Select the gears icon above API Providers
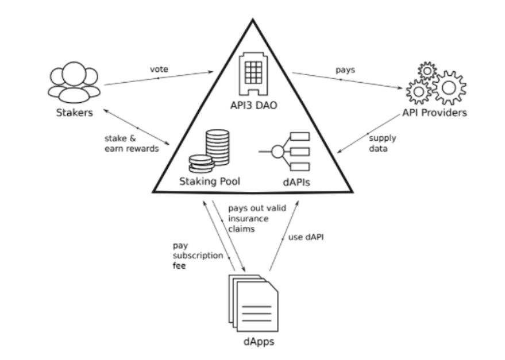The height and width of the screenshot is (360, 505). (x=435, y=84)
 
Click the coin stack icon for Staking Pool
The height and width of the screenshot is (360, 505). (x=210, y=152)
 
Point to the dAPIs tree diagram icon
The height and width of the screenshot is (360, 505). (x=286, y=153)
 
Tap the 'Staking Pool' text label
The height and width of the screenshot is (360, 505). (x=210, y=182)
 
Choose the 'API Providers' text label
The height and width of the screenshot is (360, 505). (x=435, y=113)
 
